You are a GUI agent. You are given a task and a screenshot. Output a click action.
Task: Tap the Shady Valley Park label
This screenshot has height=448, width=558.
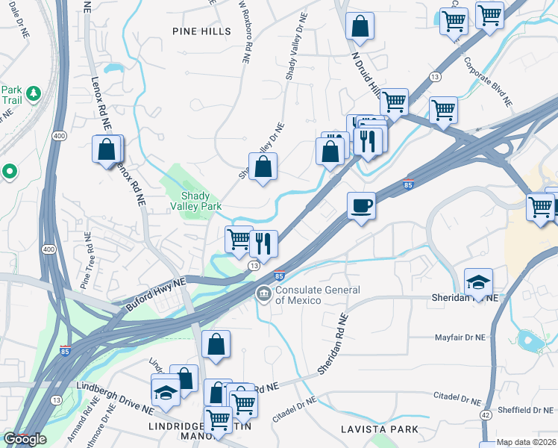tap(196, 199)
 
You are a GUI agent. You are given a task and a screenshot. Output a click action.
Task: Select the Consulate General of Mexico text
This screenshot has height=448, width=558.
tap(307, 295)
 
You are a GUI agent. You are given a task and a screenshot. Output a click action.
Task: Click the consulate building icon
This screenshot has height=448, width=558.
tap(263, 294)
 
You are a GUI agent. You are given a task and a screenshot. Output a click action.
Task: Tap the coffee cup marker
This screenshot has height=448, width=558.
tap(361, 206)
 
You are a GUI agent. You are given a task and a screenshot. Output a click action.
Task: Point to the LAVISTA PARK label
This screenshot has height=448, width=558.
tap(378, 430)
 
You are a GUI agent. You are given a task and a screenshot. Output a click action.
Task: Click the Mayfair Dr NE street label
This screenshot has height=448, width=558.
tap(460, 337)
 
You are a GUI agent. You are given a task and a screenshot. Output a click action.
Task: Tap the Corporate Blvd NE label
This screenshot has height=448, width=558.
tap(487, 80)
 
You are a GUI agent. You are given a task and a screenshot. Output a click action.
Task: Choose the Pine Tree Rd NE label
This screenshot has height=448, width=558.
tap(85, 261)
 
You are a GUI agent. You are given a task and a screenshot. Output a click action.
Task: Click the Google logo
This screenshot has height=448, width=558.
tap(25, 439)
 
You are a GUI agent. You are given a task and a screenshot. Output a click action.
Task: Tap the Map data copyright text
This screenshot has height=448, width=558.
tap(525, 442)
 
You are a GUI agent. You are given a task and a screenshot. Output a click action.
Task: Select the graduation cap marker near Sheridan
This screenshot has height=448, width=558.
tap(478, 281)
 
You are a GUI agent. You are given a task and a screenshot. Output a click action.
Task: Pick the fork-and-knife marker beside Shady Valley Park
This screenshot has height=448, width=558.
tap(263, 243)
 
